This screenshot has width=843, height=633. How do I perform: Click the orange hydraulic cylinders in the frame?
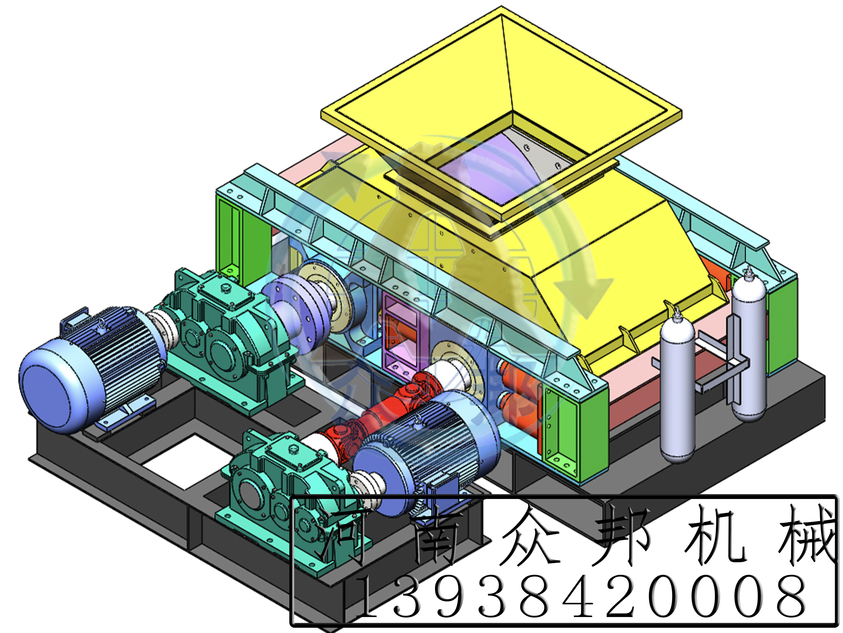pos(515,389)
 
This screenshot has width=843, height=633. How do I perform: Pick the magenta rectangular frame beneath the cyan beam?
pos(400,336)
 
